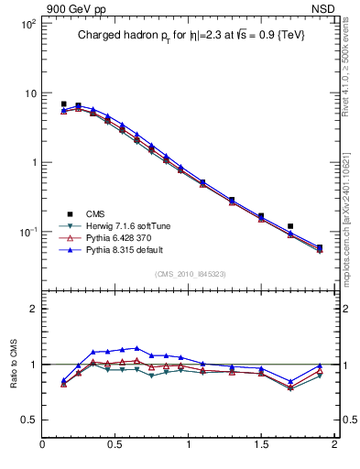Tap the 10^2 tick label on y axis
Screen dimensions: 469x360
[x=27, y=25]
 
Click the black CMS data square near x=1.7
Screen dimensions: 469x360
[x=290, y=226]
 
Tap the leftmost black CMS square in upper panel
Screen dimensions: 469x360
[x=63, y=104]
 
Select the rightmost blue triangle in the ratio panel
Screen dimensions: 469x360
[x=320, y=365]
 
